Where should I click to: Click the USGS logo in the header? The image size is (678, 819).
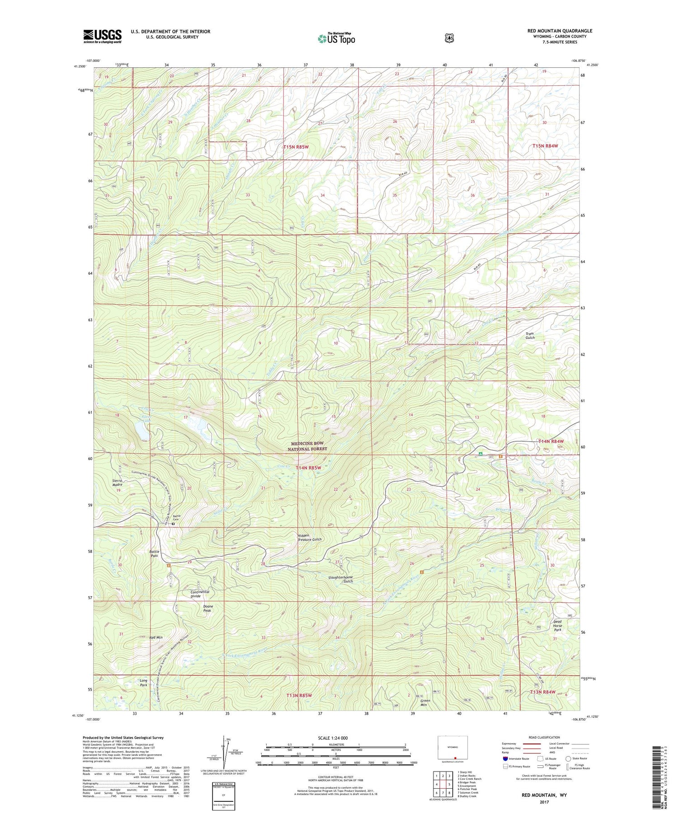102,36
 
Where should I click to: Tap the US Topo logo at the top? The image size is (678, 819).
337,38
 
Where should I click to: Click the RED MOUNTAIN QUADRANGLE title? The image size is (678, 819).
560,31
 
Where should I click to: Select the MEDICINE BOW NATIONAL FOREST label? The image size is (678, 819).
307,446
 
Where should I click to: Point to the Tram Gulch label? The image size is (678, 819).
530,336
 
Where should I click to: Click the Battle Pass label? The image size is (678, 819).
154,553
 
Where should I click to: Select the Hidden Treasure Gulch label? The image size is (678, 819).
310,538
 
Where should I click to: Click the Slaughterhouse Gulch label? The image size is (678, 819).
341,579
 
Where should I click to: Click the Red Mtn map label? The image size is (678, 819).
156,637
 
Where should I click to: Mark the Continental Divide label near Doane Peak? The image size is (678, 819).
199,594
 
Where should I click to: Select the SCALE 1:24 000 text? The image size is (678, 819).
333,738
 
